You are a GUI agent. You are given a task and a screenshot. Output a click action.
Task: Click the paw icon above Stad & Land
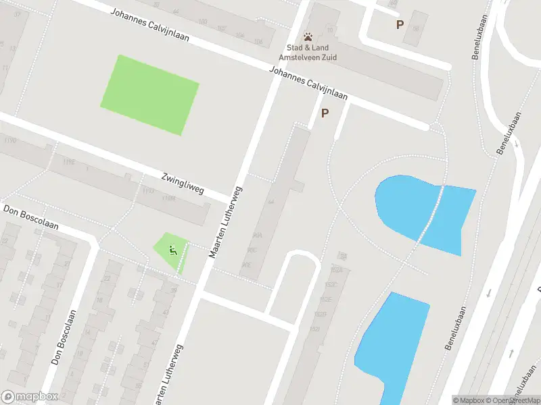click(308, 36)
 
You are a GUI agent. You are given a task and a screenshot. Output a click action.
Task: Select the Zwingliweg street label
click(183, 183)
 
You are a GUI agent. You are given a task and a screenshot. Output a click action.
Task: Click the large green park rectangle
click(149, 94)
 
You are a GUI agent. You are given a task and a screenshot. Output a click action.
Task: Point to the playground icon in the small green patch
click(172, 250)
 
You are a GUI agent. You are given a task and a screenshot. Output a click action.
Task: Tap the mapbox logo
click(30, 397)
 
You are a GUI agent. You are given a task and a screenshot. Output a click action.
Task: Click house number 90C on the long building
click(252, 250)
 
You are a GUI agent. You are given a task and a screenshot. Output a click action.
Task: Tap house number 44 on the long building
click(270, 202)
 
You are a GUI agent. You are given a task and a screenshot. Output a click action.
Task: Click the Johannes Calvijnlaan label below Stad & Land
click(308, 84)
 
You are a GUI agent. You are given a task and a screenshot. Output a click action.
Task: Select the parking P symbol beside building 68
click(400, 24)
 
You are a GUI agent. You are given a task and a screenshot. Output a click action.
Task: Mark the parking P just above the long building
click(325, 113)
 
